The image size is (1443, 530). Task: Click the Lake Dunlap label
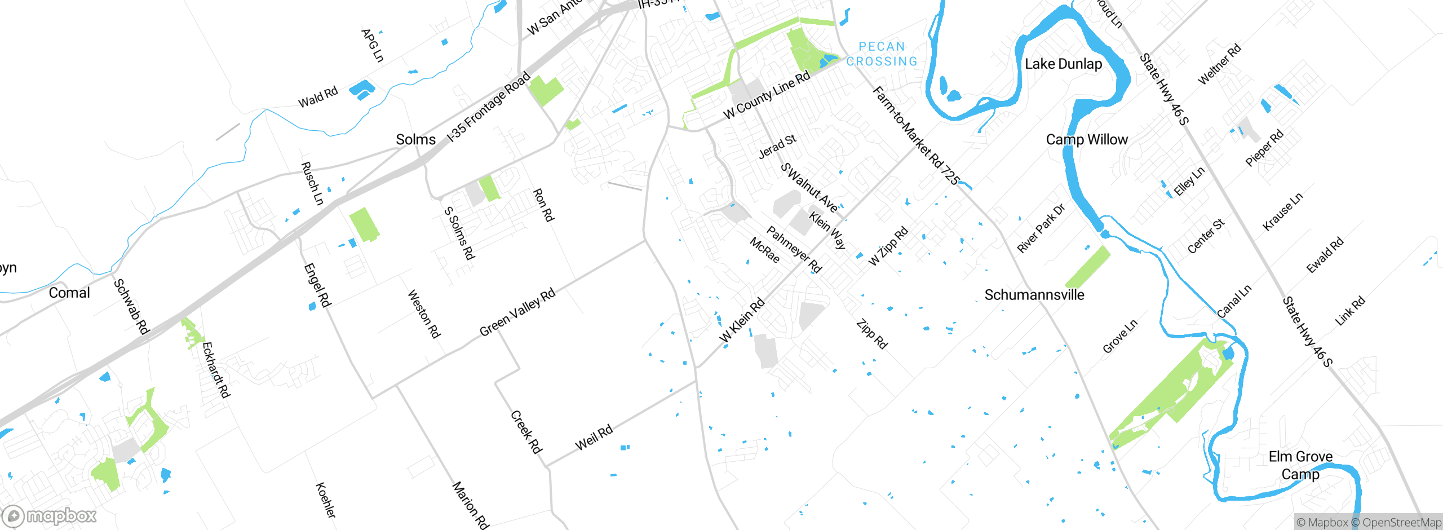(1063, 64)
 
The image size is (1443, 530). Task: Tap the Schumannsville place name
(1034, 295)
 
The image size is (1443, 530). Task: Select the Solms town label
(415, 140)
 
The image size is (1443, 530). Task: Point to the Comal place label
(69, 293)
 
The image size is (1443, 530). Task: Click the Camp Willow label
(1086, 140)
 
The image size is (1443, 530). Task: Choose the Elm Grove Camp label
(1300, 465)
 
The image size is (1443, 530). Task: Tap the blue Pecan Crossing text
(882, 54)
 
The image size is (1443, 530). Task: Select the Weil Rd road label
(594, 438)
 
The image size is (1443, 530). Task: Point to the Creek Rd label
(526, 432)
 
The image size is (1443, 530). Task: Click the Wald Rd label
(318, 97)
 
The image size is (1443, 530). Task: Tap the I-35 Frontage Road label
(488, 107)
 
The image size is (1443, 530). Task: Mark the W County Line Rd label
(767, 95)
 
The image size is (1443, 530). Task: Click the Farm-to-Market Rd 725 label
(915, 135)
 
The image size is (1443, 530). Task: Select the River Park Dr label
(1041, 228)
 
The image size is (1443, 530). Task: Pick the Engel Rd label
(317, 285)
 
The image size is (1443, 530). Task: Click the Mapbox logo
(50, 515)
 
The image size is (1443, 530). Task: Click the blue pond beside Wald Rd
(361, 89)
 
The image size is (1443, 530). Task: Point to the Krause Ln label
(1282, 212)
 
